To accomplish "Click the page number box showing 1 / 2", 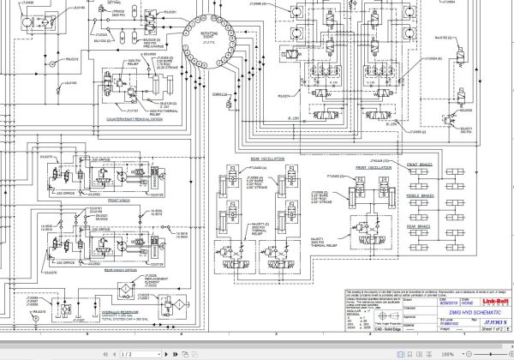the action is point(127,353).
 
